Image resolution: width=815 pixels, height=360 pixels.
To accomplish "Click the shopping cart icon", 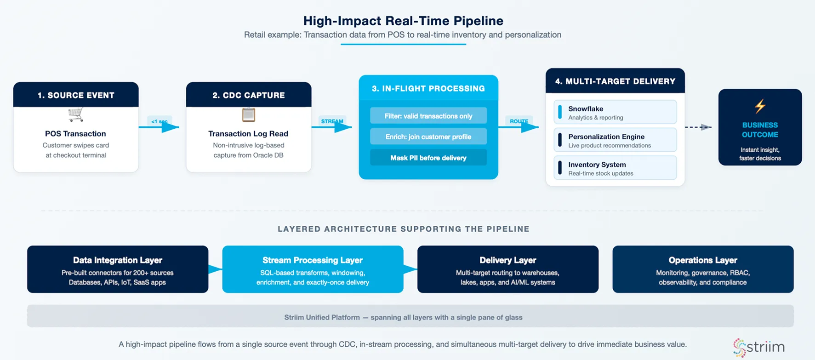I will pos(76,114).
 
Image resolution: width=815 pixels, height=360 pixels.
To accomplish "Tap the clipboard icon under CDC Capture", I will pos(249,114).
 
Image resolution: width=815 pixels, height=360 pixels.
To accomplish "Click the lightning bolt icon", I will pos(760,106).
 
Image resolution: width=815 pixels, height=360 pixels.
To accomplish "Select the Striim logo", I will pos(759,347).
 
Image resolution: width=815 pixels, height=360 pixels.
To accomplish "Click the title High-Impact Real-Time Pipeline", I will pos(403,21).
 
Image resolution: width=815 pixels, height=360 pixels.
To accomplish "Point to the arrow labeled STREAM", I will pos(333,126).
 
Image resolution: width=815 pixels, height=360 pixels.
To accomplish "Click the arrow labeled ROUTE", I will pos(519,126).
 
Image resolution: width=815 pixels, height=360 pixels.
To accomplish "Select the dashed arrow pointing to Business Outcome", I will pos(698,127).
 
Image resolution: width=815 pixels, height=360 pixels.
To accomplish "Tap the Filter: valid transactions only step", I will pos(428,116).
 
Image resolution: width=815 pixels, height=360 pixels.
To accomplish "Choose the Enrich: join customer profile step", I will pos(428,137).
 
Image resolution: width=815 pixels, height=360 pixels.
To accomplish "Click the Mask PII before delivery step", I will pos(428,158).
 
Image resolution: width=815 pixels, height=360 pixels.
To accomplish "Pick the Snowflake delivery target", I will pos(615,112).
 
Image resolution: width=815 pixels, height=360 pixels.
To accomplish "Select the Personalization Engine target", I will pos(615,140).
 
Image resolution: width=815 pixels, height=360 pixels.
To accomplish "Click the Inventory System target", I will pos(615,168).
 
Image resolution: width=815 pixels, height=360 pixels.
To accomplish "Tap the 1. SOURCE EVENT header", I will pos(76,95).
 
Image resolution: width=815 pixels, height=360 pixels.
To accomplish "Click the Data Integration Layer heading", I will pos(118,260).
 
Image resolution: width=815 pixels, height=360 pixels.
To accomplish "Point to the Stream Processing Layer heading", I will pos(313,260).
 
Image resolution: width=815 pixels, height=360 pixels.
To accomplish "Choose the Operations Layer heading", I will pos(703,260).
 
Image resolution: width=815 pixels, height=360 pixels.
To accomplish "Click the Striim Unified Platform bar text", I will pos(403,317).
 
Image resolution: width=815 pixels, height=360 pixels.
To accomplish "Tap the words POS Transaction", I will pos(75,134).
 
